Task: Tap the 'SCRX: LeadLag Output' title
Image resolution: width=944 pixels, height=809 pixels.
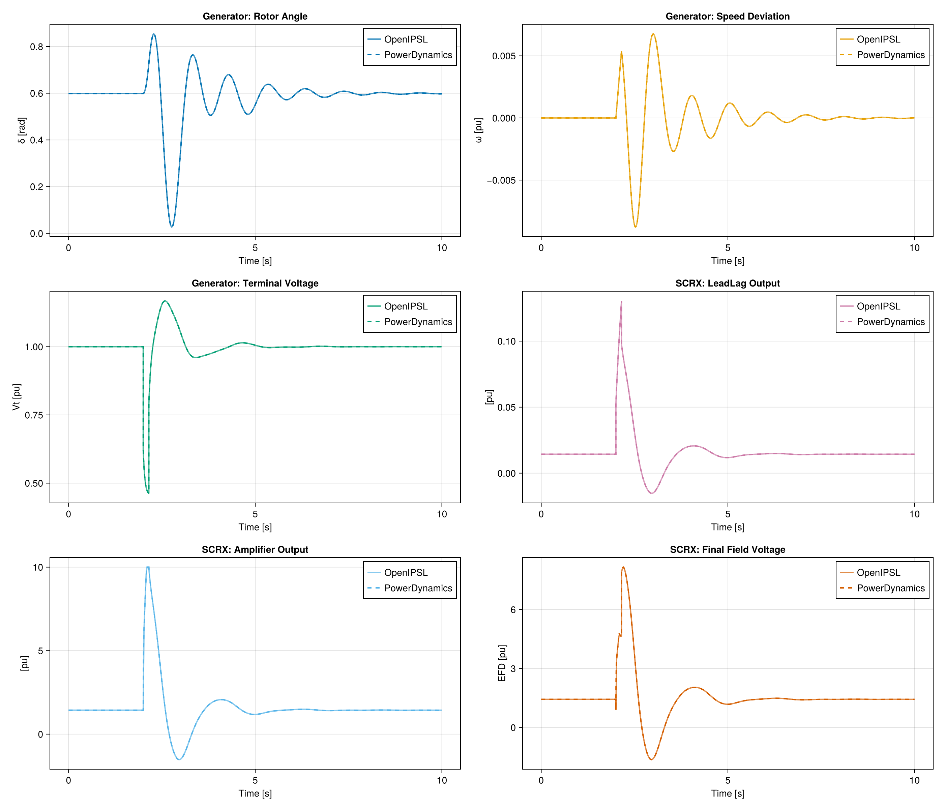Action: point(727,283)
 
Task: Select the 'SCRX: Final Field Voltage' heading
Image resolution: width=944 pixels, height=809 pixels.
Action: point(727,550)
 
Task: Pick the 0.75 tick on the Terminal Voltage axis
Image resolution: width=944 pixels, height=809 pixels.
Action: point(34,415)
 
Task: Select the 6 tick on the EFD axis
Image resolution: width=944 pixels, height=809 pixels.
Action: point(513,610)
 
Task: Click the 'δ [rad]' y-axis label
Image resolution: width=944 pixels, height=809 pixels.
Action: point(22,130)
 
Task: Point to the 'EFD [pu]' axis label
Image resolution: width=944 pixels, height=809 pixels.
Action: point(502,663)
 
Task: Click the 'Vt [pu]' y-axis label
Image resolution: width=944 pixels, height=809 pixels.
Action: point(17,397)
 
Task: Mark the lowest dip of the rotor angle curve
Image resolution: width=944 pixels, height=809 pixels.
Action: point(172,227)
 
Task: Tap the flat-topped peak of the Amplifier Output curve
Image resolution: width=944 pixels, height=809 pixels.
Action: point(148,568)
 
